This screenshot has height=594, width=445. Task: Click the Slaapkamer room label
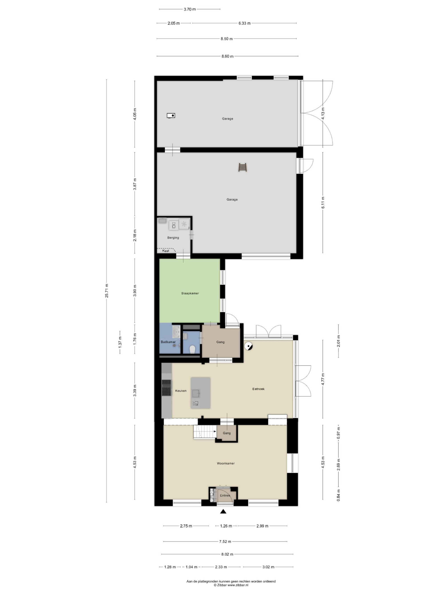(x=190, y=293)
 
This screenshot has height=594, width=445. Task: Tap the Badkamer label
(x=168, y=342)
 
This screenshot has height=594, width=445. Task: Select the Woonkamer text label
(x=226, y=463)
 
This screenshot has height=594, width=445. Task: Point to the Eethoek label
(x=258, y=389)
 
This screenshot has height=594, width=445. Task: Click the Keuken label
(x=181, y=391)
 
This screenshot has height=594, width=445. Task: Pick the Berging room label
(x=173, y=238)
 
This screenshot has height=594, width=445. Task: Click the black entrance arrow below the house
(x=223, y=512)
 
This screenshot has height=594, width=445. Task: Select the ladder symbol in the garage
(x=243, y=167)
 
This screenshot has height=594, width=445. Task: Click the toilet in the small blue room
(x=192, y=349)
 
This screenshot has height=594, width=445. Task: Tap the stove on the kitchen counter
(x=166, y=388)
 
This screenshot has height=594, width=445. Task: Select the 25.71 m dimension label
(x=107, y=291)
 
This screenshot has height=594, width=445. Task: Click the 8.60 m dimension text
(x=227, y=56)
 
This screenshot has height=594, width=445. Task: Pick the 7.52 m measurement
(x=225, y=541)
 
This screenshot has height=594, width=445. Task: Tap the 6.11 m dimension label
(x=323, y=202)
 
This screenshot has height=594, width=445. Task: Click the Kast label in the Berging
(x=166, y=251)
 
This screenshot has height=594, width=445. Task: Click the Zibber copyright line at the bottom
(x=231, y=585)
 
